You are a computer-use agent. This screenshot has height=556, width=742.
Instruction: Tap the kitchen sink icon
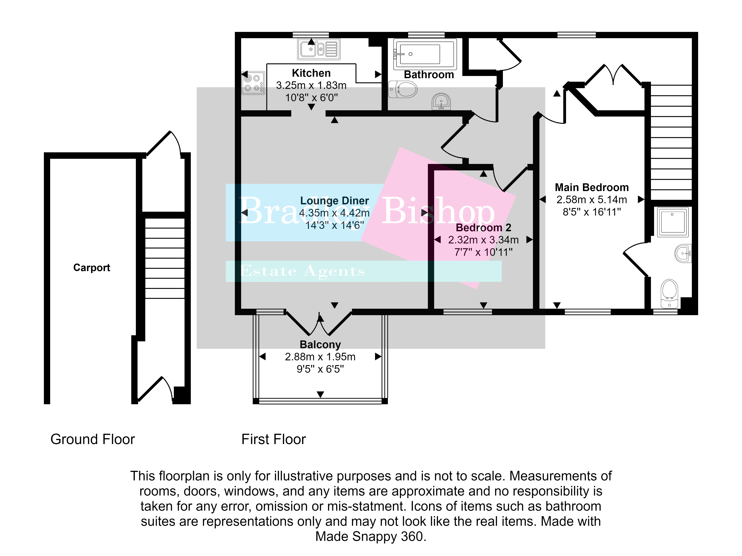pyautogui.click(x=319, y=49)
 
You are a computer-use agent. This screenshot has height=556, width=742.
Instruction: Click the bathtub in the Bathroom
pyautogui.click(x=425, y=54)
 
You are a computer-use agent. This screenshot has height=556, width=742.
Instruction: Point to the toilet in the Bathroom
pyautogui.click(x=403, y=89)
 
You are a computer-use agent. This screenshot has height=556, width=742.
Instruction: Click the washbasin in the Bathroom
pyautogui.click(x=441, y=101)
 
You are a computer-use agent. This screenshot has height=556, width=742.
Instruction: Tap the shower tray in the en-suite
pyautogui.click(x=673, y=222)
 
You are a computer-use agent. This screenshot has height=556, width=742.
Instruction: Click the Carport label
pyautogui.click(x=92, y=267)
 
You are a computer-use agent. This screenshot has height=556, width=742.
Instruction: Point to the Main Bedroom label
pyautogui.click(x=592, y=187)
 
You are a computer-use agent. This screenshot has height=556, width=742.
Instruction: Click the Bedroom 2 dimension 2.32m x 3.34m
pyautogui.click(x=483, y=240)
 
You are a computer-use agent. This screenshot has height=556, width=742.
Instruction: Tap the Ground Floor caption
pyautogui.click(x=93, y=439)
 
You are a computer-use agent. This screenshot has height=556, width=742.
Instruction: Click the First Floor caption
pyautogui.click(x=274, y=439)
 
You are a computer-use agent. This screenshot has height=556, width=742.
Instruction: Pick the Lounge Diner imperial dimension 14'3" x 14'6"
pyautogui.click(x=334, y=225)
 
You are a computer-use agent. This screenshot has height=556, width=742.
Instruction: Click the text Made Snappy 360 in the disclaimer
pyautogui.click(x=371, y=536)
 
